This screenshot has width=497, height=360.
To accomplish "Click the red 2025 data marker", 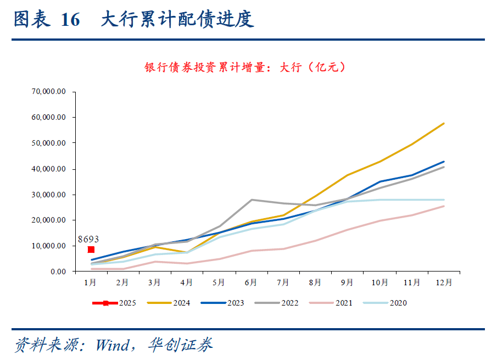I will click(x=91, y=250).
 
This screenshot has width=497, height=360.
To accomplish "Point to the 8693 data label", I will click(x=88, y=239).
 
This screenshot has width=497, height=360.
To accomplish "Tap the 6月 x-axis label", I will click(x=251, y=283).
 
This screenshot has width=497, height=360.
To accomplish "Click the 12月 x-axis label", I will click(x=444, y=283).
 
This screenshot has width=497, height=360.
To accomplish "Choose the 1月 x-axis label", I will click(x=91, y=283).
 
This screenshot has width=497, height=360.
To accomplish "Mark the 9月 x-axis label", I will click(x=347, y=283).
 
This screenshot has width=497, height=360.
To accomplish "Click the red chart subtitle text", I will click(x=246, y=68).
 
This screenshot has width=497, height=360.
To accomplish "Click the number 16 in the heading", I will click(x=70, y=20).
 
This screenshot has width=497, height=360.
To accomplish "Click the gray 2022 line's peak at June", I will click(x=251, y=200).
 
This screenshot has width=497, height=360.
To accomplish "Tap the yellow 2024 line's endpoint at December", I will click(x=444, y=123).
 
